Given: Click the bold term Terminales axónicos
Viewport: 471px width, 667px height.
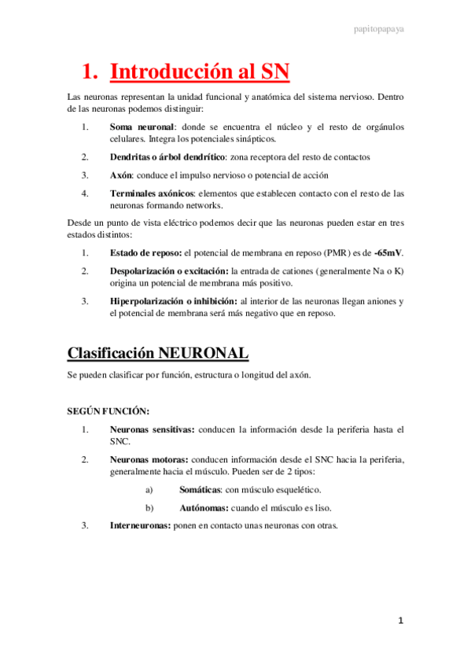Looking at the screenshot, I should (151, 193).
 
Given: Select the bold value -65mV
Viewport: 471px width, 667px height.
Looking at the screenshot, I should (388, 253).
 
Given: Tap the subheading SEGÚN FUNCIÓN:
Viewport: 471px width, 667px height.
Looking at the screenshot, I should (109, 411).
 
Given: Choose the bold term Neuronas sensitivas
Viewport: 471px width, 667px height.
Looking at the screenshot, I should (152, 429).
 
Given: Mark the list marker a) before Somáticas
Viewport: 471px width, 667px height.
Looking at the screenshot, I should (149, 489).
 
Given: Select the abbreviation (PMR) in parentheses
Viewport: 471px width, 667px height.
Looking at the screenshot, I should (308, 253).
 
